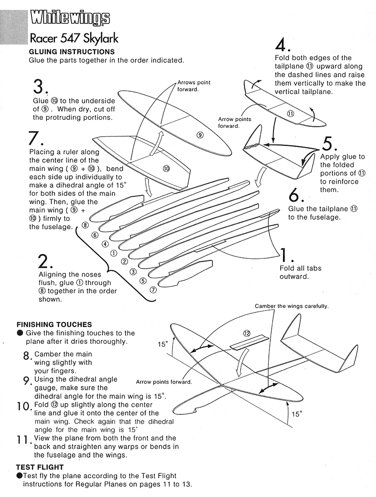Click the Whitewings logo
click(x=70, y=18)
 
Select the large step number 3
click(x=39, y=87)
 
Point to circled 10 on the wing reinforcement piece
click(x=166, y=169)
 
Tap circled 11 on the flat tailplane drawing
click(x=290, y=114)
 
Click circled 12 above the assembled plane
click(x=247, y=333)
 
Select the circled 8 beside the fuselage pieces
click(x=85, y=225)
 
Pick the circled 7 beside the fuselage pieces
click(x=153, y=289)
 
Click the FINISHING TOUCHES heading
click(x=54, y=325)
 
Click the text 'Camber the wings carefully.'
click(x=291, y=306)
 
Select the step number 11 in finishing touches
click(x=23, y=441)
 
